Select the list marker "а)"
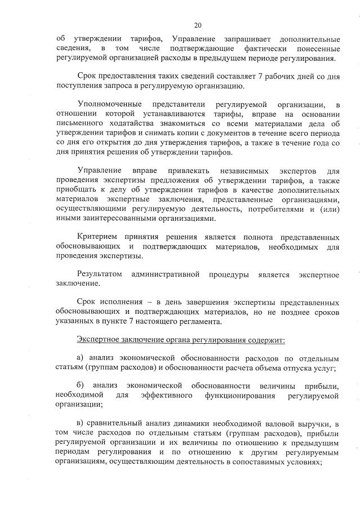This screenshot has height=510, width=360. coord(80,360)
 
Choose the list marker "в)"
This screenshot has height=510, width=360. coord(79,424)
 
